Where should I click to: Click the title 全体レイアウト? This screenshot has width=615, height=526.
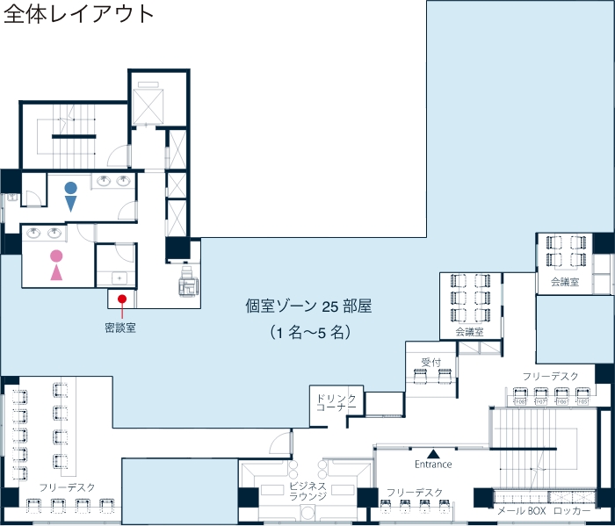(79, 15)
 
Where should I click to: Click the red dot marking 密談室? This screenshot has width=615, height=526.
(121, 299)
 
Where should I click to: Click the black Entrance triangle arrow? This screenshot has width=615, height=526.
(432, 451)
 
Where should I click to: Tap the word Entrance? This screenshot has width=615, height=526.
(432, 464)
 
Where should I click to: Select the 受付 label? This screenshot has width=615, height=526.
(430, 362)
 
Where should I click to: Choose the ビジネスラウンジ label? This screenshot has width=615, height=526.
(307, 491)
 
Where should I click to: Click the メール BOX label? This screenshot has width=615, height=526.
(522, 510)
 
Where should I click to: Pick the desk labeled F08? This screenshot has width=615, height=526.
(519, 401)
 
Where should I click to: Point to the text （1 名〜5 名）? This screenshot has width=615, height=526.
(309, 333)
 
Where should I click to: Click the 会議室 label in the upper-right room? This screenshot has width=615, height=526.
(565, 282)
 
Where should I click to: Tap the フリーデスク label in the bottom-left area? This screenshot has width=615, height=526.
(67, 486)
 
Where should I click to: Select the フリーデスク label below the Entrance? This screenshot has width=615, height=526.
(414, 493)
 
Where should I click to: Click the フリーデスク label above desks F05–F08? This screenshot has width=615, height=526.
(551, 376)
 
